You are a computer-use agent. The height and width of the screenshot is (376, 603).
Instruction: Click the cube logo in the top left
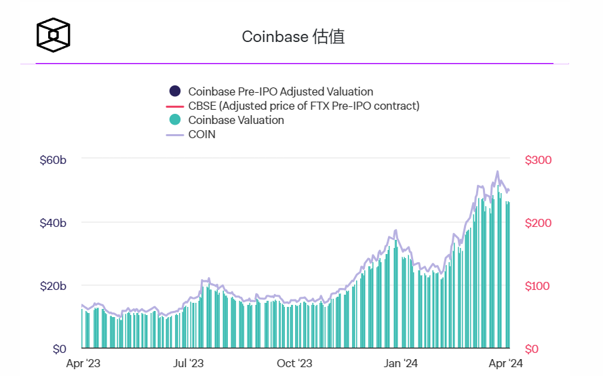coord(54,34)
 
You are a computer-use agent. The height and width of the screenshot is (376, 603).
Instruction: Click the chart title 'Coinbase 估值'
coord(293,37)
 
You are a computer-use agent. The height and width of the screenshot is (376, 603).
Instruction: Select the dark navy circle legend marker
coord(175,91)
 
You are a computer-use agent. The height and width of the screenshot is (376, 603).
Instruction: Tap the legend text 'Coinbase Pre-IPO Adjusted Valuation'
coord(280,91)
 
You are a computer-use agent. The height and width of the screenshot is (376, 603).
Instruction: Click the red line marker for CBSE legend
coord(175,106)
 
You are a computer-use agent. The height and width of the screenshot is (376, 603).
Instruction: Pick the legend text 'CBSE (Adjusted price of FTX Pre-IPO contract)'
coord(304,106)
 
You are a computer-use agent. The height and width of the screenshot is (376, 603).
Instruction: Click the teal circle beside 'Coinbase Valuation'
coord(175,120)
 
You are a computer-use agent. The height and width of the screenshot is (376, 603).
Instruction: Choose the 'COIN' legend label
coord(201,134)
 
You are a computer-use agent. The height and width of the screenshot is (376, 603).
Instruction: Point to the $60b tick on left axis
coord(53,160)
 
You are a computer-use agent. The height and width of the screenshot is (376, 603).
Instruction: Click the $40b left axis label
coord(53,223)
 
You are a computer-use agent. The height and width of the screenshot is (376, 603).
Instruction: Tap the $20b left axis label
coord(53,286)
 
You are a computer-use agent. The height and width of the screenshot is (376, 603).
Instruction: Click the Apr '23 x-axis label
coord(83,364)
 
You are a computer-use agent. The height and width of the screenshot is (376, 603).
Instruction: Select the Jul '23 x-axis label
coord(188,364)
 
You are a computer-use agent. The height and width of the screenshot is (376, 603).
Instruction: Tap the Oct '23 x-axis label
coord(295,364)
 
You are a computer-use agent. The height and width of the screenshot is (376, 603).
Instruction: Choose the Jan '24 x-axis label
coord(402,364)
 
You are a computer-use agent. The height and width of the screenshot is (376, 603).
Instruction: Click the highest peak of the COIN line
coord(497,171)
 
